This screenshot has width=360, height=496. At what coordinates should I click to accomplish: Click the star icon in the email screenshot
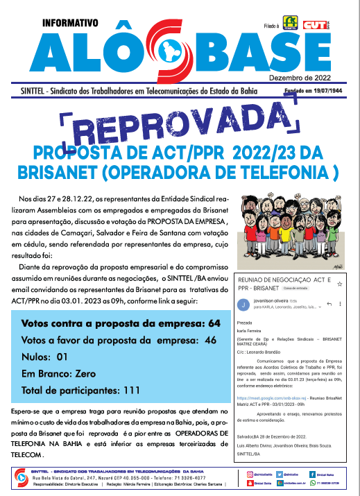[339, 284]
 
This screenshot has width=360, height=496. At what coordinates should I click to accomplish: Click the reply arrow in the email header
[329, 304]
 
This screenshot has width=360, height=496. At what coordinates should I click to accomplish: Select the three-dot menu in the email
[340, 304]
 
